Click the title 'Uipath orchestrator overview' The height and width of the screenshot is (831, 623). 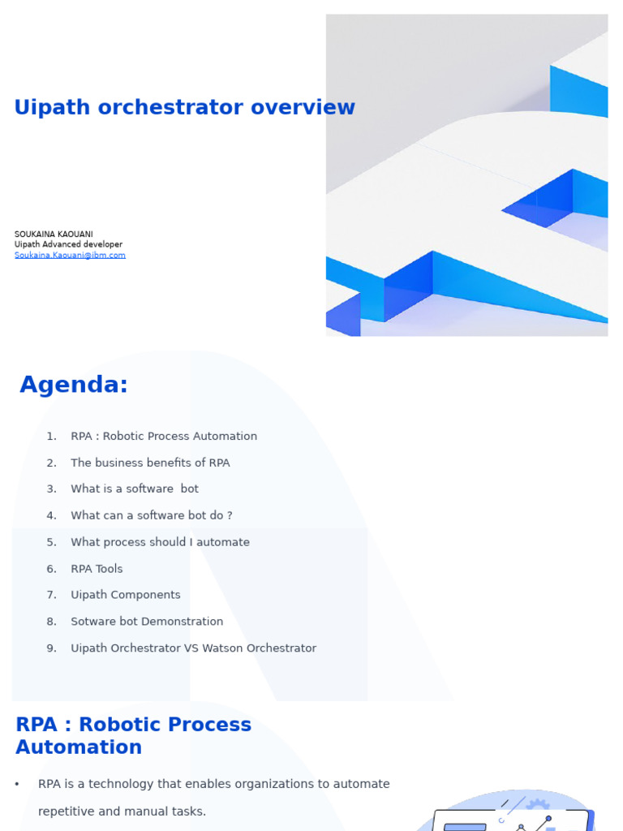[184, 108]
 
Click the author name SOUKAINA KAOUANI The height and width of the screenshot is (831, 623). [54, 235]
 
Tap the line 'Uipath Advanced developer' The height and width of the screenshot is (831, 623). [68, 244]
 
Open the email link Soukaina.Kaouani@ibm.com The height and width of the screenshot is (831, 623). [70, 255]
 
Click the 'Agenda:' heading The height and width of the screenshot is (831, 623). [74, 385]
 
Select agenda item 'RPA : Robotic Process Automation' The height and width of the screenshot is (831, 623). [164, 437]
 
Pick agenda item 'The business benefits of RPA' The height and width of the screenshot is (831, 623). [150, 463]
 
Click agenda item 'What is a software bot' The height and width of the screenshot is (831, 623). [135, 489]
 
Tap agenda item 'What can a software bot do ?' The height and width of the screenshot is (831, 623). [151, 515]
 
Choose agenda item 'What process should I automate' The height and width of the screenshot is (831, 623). [160, 542]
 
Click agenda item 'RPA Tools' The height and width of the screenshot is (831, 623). [97, 569]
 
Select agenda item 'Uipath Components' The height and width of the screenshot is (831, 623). [126, 595]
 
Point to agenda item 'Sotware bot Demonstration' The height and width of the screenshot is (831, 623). [147, 622]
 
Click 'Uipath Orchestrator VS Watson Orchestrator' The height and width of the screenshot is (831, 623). [193, 648]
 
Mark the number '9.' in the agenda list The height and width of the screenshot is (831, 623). [51, 648]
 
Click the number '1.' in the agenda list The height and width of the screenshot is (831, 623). [51, 437]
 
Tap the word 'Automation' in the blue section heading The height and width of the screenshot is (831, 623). [79, 747]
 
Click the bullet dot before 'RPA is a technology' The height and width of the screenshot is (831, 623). [17, 785]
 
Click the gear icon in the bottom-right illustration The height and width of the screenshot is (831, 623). [537, 806]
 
